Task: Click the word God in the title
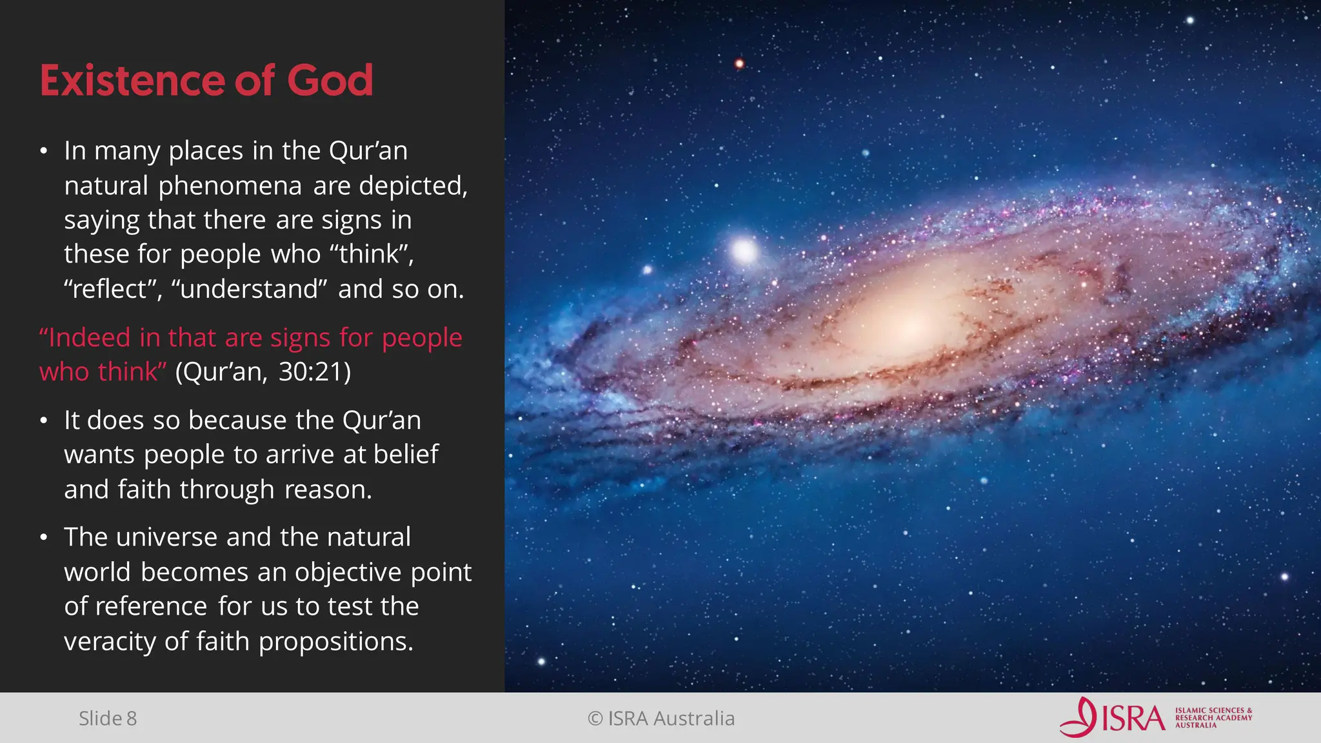[x=330, y=81]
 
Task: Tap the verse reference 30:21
[x=315, y=372]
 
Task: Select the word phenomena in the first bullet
[x=230, y=186]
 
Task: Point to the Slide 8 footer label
[x=108, y=718]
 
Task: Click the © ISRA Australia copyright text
[x=661, y=718]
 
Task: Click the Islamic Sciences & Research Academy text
[x=1213, y=718]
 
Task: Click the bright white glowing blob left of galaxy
[x=744, y=251]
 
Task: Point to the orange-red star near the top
[x=739, y=63]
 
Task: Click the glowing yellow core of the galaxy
[x=903, y=319]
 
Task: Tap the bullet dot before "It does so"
[x=43, y=421]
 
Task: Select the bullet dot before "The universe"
[x=43, y=538]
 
